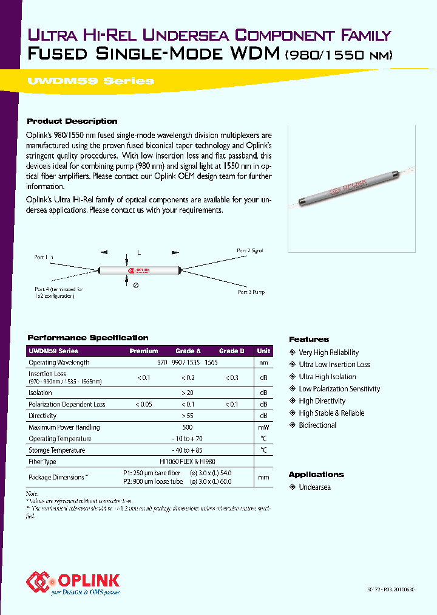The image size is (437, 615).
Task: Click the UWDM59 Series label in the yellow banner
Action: pos(90,81)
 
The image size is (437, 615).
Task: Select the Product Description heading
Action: pos(72,122)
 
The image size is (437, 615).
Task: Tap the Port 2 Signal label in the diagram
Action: pos(249,250)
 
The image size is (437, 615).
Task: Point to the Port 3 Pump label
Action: pos(251,292)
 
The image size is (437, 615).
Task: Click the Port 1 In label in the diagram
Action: pos(44,258)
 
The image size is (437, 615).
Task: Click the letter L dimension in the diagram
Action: pos(138,251)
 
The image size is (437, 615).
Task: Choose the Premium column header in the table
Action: pos(144,351)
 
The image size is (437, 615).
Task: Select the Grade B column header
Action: pos(232,351)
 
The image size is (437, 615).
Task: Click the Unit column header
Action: pos(263,351)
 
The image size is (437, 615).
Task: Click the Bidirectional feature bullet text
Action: pos(317,425)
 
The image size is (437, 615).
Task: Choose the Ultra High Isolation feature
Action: pos(327,377)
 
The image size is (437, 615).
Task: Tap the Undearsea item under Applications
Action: pos(314,487)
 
